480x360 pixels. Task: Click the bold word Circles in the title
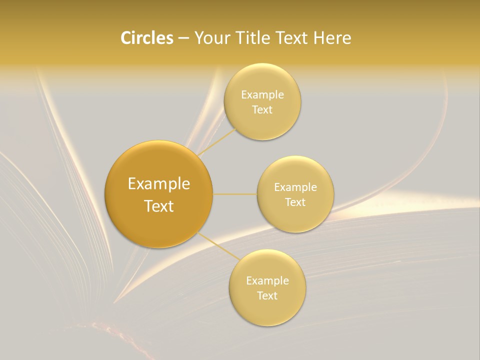pos(146,38)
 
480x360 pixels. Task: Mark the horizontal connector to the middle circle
pos(235,194)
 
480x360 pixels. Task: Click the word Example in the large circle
pos(159,184)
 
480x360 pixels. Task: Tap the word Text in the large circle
pos(159,206)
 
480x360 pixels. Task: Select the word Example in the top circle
pos(262,95)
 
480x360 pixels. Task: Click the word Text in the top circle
pos(262,110)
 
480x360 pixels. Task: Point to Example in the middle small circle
pos(295,187)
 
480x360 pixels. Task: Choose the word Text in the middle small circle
pos(295,202)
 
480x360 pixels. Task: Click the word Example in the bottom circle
pos(267,281)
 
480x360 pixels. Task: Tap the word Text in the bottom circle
pos(267,296)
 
